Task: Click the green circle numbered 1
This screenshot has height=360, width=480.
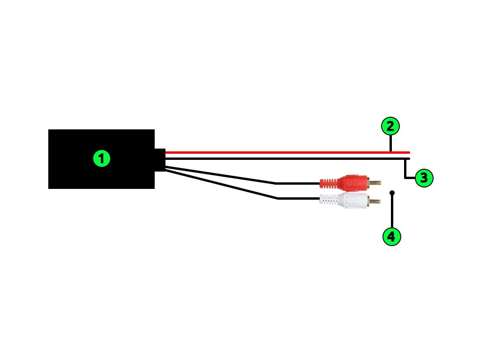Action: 102,158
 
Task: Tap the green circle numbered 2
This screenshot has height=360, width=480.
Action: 390,126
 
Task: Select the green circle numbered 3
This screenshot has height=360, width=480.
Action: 424,178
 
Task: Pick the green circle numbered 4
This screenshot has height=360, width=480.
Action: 392,237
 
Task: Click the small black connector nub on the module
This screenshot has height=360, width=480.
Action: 160,160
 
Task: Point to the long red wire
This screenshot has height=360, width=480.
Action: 288,152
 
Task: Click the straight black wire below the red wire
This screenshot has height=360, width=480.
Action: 288,158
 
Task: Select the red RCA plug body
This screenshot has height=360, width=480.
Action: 352,182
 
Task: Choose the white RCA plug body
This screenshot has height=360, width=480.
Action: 352,201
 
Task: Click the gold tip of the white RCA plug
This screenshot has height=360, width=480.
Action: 375,201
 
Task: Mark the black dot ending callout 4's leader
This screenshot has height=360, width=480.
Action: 392,193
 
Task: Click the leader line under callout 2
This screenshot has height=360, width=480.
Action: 390,143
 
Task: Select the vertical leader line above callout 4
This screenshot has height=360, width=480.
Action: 392,211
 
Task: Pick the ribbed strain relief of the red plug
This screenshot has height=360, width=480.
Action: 328,183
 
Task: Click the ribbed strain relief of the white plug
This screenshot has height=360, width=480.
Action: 328,200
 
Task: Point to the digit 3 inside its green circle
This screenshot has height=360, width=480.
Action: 424,178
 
